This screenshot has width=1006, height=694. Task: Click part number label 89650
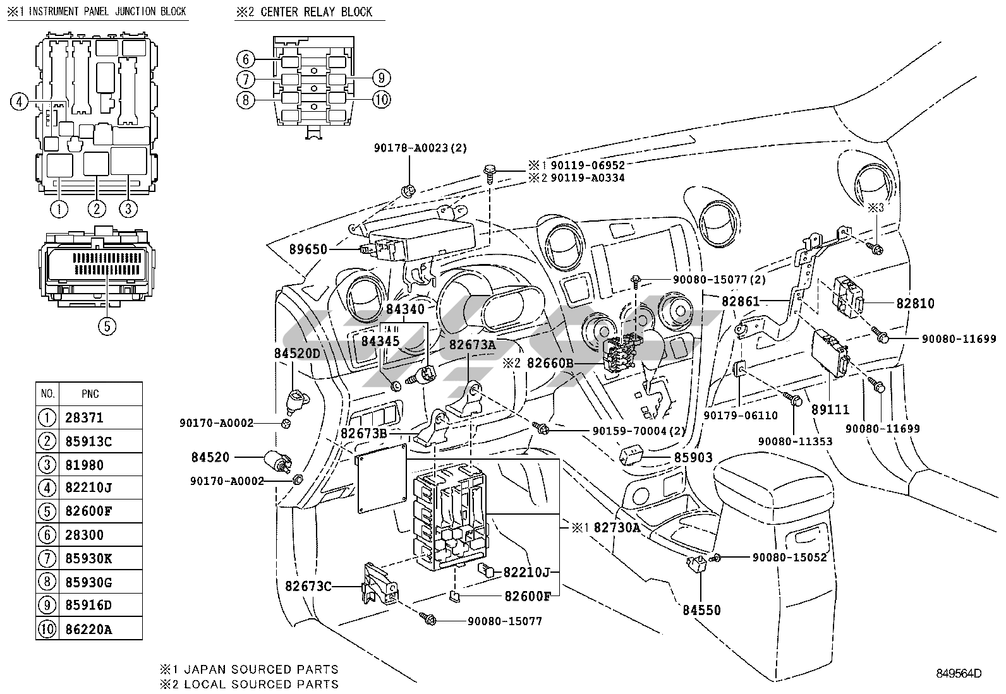308,249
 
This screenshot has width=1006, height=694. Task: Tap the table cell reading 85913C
88,441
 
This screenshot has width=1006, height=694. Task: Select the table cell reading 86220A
88,629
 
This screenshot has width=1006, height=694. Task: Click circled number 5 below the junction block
107,326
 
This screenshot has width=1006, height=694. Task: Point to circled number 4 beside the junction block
20,101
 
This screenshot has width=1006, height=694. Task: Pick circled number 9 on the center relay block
382,78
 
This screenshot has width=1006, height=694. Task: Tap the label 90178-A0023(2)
420,148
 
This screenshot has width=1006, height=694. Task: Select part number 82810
915,303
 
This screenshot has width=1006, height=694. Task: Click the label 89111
830,410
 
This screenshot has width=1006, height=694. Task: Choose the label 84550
701,610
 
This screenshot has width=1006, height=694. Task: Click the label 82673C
308,587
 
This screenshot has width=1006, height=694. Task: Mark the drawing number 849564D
959,674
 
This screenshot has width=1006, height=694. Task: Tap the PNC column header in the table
90,394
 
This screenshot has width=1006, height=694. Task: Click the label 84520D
297,354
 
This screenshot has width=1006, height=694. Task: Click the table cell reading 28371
84,418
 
